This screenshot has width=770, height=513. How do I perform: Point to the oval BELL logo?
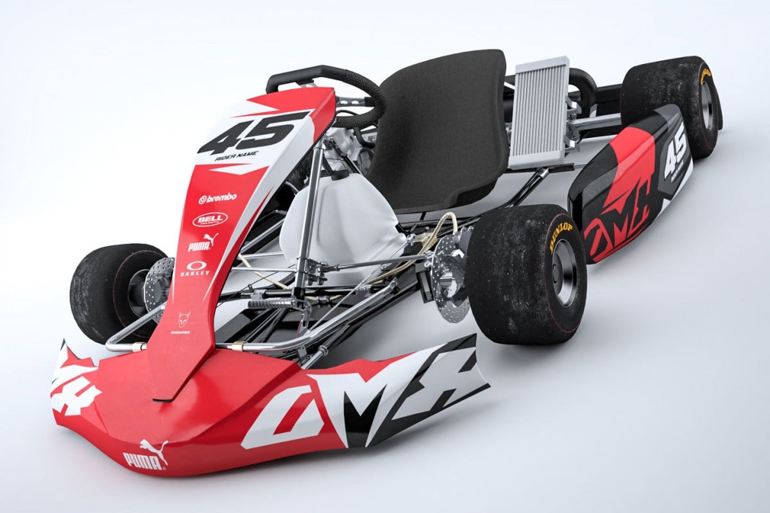(209, 220)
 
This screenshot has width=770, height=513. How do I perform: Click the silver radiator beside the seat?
(539, 112)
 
